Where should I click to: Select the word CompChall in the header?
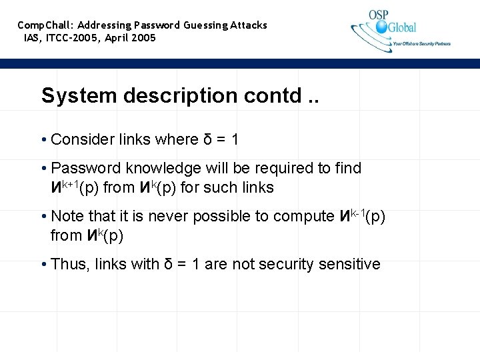(46, 25)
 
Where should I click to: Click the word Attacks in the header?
(249, 25)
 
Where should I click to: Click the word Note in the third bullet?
(66, 216)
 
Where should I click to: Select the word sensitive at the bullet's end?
(347, 264)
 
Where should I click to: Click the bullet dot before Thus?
(43, 264)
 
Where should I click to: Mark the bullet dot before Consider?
(43, 139)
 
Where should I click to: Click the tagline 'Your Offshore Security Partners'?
(422, 44)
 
